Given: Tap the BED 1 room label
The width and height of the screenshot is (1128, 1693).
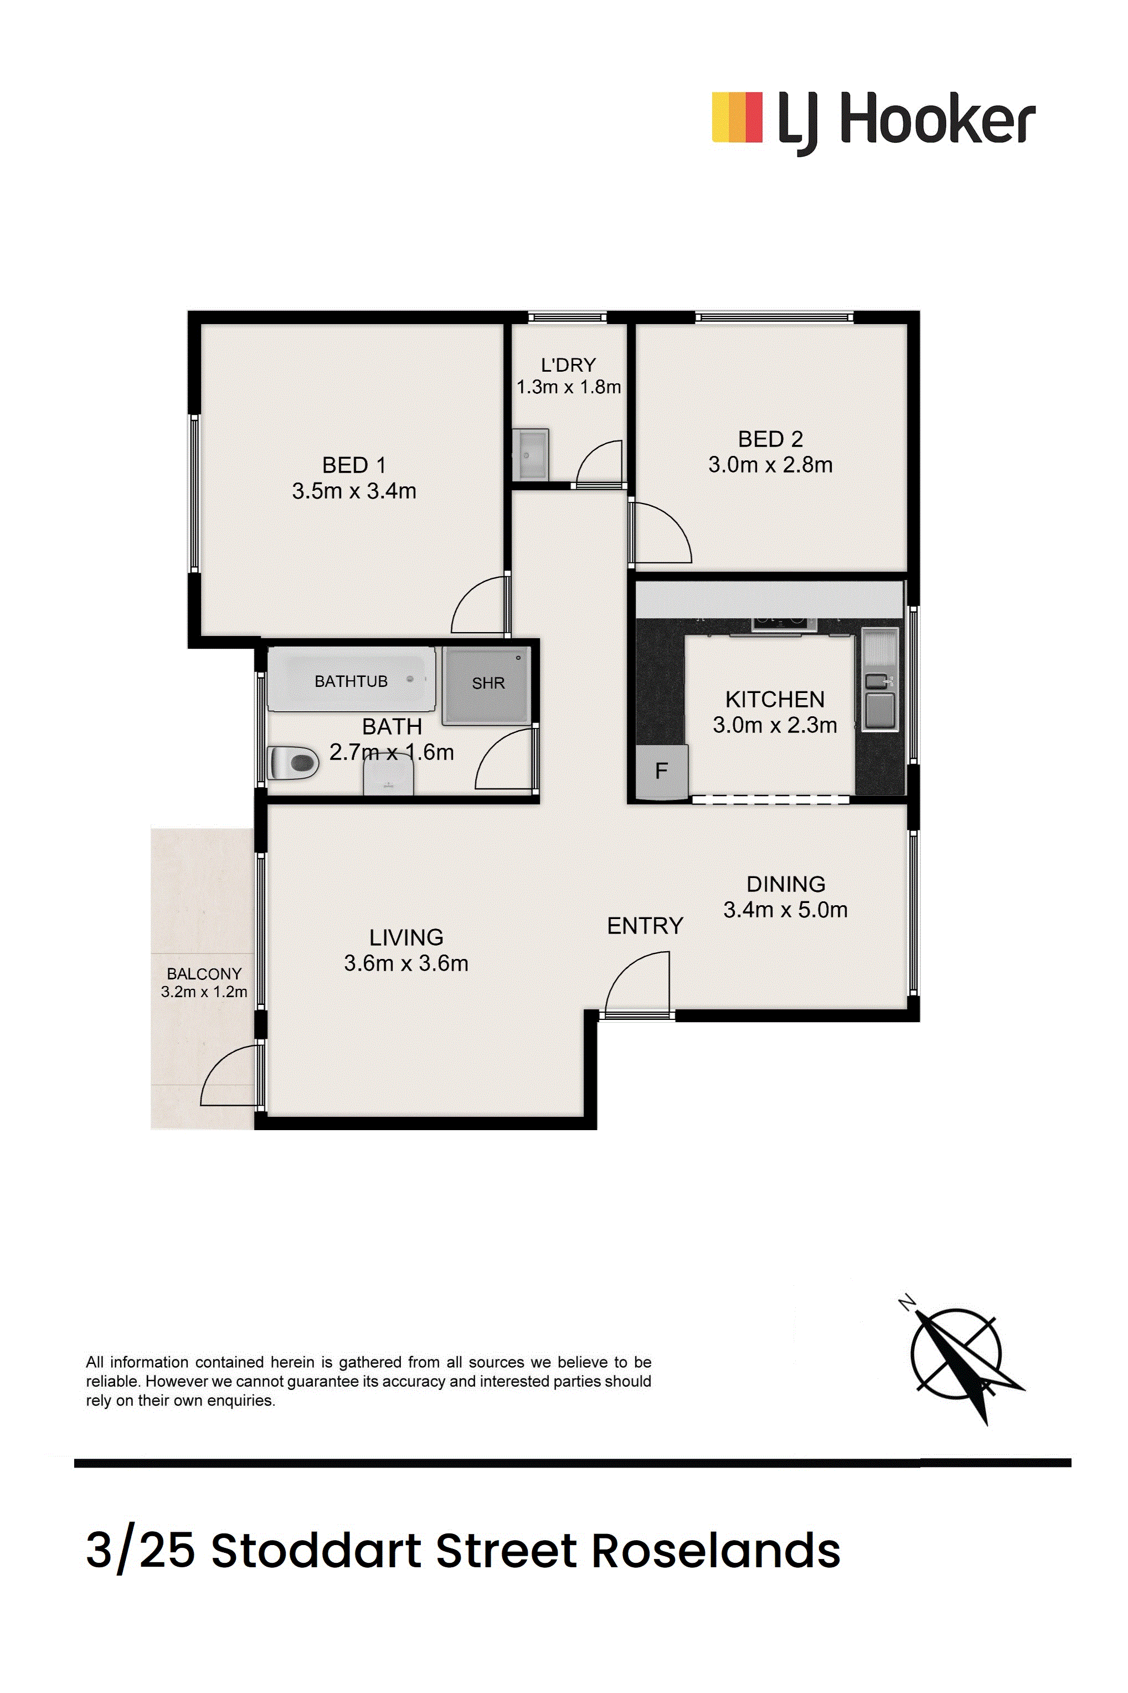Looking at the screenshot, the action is (x=354, y=465).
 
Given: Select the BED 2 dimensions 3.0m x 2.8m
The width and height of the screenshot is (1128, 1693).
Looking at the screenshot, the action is (x=770, y=465).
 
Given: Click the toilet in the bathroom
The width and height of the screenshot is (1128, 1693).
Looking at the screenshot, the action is (x=293, y=763).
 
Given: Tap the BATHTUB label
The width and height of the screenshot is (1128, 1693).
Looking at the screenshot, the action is (x=351, y=681).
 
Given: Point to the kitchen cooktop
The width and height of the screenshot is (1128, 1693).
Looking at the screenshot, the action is (x=784, y=624).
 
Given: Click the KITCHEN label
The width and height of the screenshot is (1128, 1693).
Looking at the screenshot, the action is (x=775, y=699).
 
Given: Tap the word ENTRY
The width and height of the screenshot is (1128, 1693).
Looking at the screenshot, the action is (x=645, y=926).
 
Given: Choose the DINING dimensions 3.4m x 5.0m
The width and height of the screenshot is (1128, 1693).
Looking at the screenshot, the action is (x=786, y=910).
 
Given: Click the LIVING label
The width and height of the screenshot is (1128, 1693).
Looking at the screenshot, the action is (x=406, y=937).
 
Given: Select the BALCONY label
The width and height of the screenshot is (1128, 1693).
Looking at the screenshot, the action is (x=204, y=973).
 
